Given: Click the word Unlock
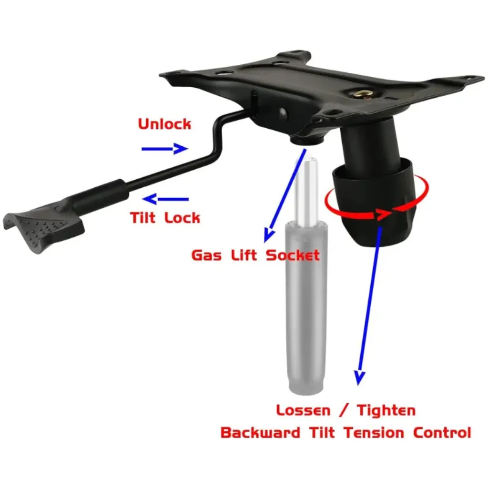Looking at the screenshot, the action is point(164,124).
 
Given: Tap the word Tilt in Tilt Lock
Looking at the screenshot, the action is point(142,217).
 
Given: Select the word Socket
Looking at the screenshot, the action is point(293,255).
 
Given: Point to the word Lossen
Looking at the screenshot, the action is point(303,410).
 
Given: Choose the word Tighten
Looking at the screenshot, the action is point(386,410).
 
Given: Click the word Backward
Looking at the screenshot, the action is point(260,433).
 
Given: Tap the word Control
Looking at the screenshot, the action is point(442,433).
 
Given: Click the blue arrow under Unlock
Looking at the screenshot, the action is point(164,149).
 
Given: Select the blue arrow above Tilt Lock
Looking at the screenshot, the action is point(165,199).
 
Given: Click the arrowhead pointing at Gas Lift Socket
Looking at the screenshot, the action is point(268,235).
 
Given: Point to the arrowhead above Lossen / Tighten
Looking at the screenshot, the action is point(359,377).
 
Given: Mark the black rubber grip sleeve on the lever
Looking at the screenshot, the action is point(100,194).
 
